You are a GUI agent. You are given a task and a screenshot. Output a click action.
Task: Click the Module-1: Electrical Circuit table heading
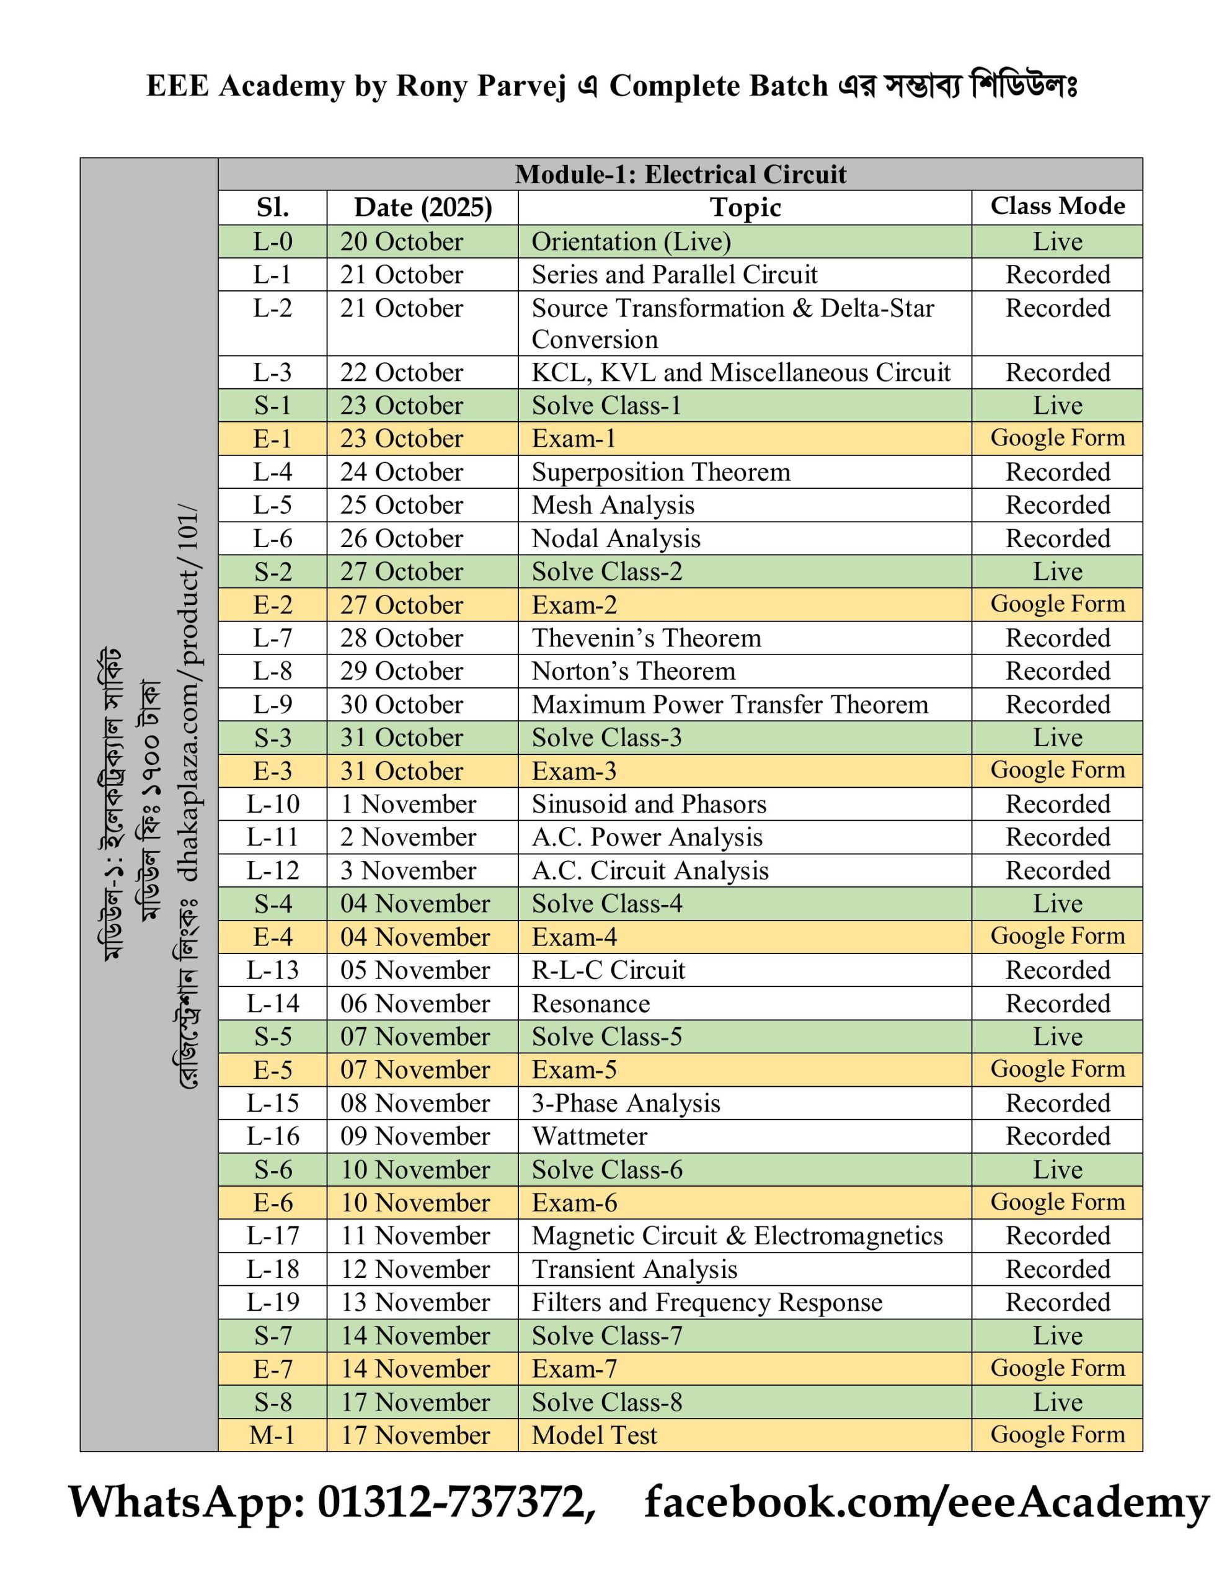coord(680,174)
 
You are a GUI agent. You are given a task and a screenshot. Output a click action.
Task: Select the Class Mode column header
coord(1057,207)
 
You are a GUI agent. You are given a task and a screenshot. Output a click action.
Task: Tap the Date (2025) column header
coord(422,208)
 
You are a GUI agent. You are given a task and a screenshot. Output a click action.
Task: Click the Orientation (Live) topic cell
coord(631,242)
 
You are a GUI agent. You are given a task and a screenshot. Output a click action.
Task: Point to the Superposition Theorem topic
coord(660,472)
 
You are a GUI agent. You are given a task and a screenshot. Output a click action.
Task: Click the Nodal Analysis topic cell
coord(616,539)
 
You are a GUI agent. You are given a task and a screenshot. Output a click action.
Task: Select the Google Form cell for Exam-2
coord(1057,604)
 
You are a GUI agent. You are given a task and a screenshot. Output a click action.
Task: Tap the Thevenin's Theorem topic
coord(646,638)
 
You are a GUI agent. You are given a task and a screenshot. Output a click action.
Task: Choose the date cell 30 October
coord(401,705)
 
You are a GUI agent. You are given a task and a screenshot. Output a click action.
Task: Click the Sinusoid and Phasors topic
coord(649,804)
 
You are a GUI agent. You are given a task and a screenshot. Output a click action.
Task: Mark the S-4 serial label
coord(273,904)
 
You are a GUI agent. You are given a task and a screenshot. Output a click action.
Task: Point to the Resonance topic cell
coord(590,1004)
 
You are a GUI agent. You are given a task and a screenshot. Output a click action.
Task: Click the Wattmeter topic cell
coord(589,1136)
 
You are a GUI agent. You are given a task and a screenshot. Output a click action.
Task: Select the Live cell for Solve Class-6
coord(1057,1170)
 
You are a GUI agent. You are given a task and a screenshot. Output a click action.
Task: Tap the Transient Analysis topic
coord(634,1270)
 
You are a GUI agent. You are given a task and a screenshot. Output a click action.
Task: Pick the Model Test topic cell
coord(594,1435)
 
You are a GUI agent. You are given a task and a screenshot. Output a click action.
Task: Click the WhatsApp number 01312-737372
coord(450,1503)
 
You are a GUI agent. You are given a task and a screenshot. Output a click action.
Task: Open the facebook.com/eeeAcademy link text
coord(927,1503)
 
